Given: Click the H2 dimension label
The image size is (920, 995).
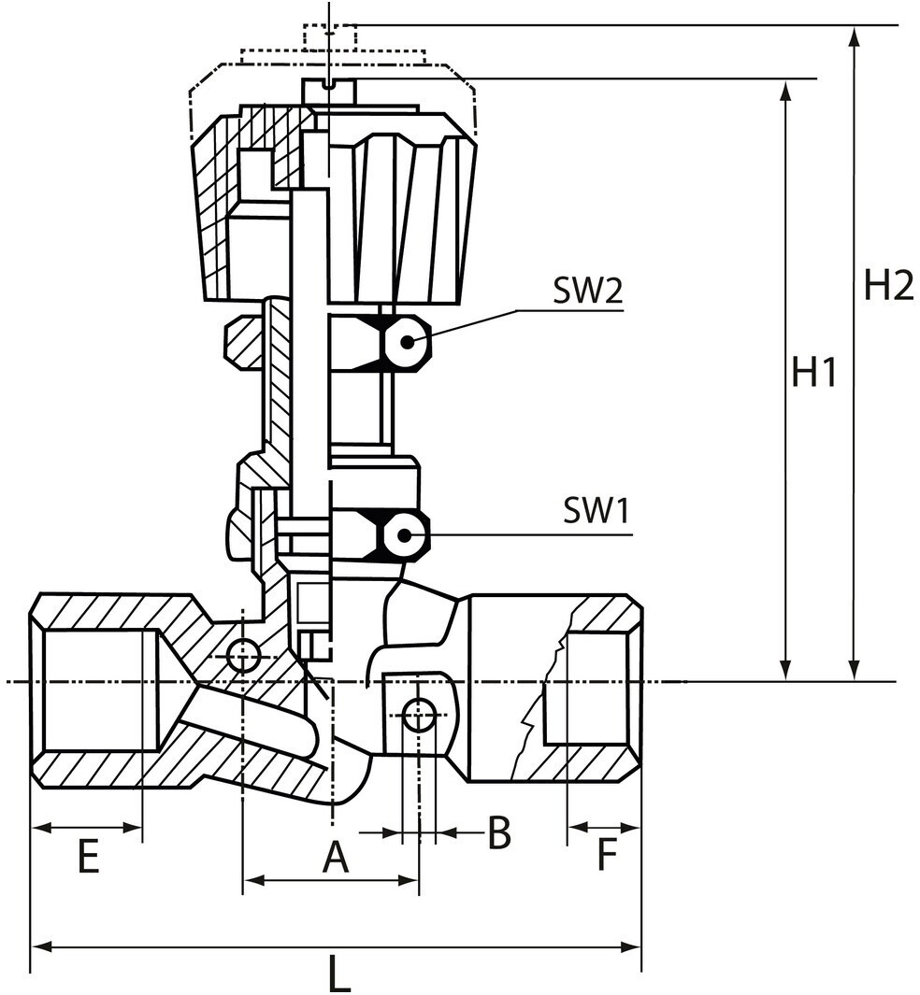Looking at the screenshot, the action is (888, 285).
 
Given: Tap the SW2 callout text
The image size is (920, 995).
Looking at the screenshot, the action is (588, 291).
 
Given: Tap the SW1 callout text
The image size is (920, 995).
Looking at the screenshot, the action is (597, 510).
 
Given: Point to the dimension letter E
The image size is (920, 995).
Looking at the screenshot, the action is (88, 856).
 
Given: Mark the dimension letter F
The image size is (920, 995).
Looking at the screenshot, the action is (608, 856).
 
